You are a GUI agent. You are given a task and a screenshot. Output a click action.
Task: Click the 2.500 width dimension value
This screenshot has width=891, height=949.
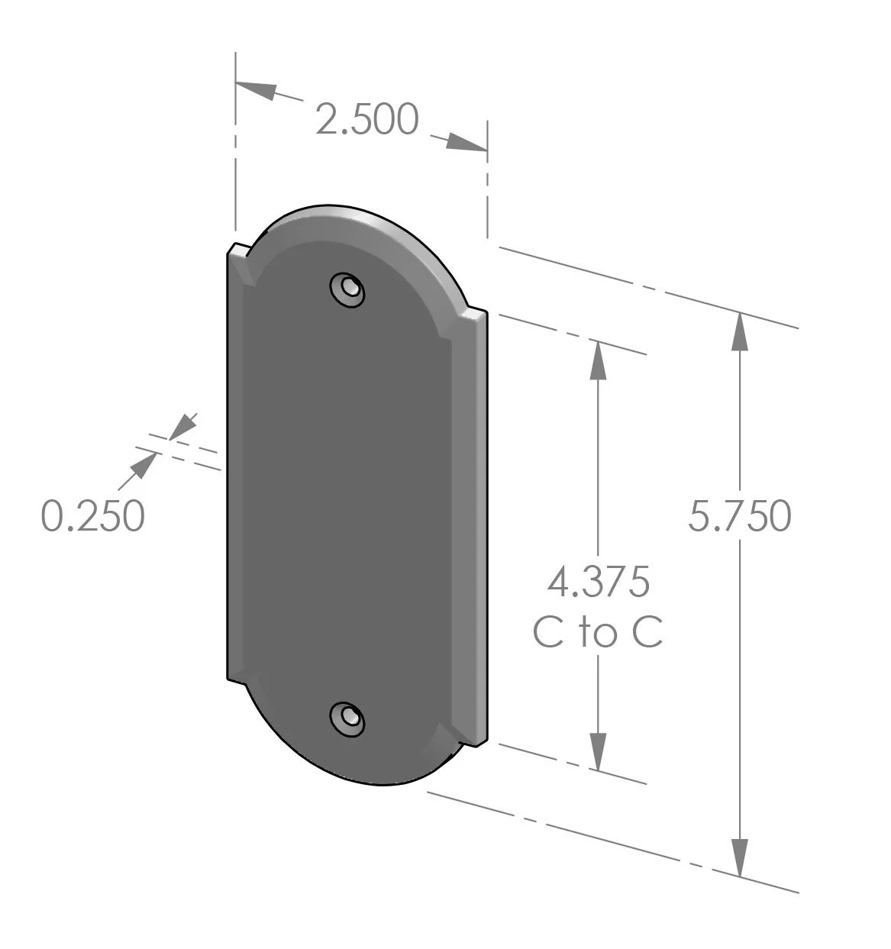click(367, 119)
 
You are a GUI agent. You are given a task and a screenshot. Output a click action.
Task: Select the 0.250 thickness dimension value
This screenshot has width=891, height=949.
click(92, 515)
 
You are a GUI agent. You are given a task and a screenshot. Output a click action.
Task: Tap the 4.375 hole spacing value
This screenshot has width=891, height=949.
click(598, 582)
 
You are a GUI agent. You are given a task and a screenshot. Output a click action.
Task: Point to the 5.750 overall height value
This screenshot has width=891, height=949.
click(739, 516)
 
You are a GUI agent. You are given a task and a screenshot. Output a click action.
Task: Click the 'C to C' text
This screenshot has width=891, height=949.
click(598, 633)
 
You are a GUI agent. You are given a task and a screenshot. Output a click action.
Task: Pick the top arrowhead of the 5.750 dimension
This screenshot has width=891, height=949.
click(739, 331)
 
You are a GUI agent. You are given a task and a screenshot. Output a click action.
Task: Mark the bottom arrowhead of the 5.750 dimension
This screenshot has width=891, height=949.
click(739, 857)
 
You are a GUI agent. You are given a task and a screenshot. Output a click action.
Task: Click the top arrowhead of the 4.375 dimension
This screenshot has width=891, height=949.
click(598, 360)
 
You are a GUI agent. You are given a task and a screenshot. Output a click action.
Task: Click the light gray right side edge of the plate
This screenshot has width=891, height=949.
click(479, 527)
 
